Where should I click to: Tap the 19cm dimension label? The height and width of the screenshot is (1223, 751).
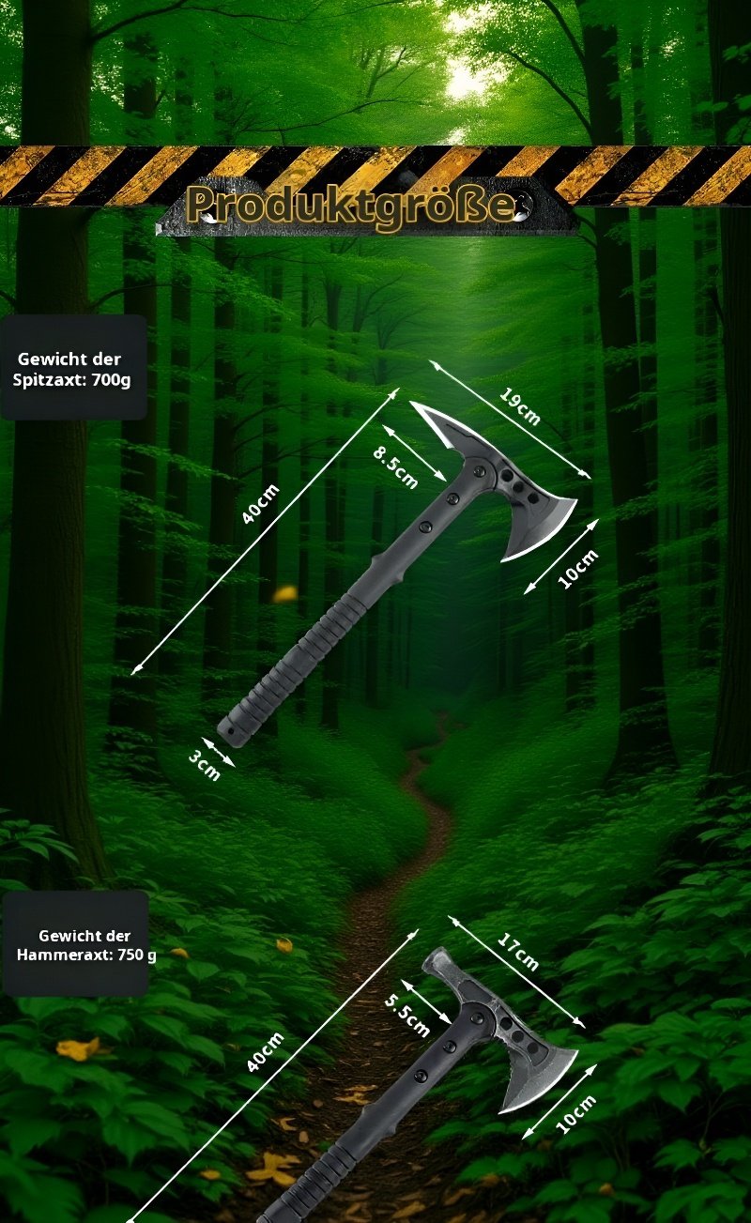pyautogui.click(x=520, y=405)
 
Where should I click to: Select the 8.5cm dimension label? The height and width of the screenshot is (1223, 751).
pyautogui.click(x=395, y=468)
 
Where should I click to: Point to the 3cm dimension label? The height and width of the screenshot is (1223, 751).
pyautogui.click(x=205, y=765)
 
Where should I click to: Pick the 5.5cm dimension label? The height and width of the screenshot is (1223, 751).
pyautogui.click(x=406, y=1015)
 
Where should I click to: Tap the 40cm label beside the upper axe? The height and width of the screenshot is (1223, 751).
pyautogui.click(x=261, y=504)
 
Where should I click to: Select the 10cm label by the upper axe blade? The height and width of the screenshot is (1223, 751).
pyautogui.click(x=578, y=570)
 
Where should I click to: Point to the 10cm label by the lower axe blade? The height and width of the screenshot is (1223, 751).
pyautogui.click(x=575, y=1115)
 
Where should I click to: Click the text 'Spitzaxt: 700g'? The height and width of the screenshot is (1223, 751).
pyautogui.click(x=71, y=379)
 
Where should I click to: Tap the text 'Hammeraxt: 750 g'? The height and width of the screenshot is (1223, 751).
pyautogui.click(x=86, y=955)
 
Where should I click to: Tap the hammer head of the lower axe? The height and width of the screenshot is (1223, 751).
pyautogui.click(x=439, y=967)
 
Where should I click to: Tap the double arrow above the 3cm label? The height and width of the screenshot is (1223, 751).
pyautogui.click(x=219, y=753)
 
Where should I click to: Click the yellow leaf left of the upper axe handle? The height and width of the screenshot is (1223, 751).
pyautogui.click(x=285, y=593)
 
